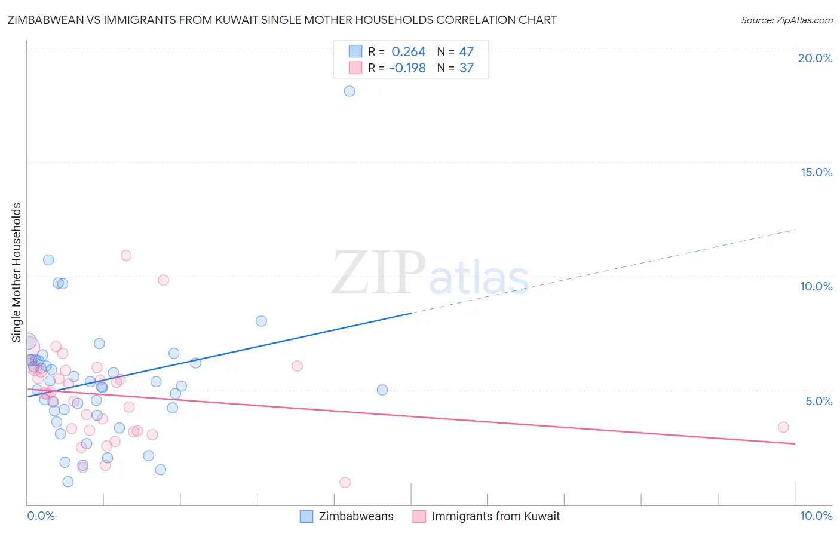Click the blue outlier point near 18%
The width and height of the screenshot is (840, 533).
(350, 91)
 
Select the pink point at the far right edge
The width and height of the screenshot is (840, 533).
(783, 427)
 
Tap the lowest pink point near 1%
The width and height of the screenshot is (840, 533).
(345, 482)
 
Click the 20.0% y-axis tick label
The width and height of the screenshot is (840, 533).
(815, 58)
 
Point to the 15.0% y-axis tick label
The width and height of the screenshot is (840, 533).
(816, 172)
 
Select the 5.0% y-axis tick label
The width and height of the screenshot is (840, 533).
(818, 401)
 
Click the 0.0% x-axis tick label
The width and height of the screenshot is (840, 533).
(41, 516)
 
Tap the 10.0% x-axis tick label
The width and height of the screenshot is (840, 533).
(816, 516)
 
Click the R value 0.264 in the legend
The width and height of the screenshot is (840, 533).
(408, 52)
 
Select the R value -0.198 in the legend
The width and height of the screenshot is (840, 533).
(407, 68)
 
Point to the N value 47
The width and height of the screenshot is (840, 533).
(466, 52)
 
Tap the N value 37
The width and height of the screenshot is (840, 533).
(466, 68)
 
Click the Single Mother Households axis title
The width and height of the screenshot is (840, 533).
(16, 272)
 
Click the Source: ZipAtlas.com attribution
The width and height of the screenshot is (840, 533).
(786, 20)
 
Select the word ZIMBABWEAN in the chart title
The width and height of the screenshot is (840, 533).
(41, 20)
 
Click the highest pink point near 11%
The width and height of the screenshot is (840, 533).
(126, 255)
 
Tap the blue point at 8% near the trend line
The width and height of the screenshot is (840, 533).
(261, 321)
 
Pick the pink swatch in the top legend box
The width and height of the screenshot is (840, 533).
(355, 68)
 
